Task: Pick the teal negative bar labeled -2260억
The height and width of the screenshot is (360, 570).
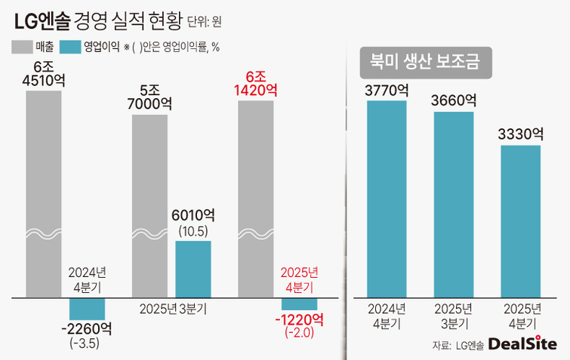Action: (87, 308)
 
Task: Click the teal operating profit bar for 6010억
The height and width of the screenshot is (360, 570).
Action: (193, 269)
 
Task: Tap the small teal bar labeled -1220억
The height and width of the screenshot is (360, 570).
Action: (300, 303)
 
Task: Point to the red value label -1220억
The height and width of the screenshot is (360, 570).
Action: (299, 319)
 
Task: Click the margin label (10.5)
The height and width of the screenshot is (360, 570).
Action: (193, 229)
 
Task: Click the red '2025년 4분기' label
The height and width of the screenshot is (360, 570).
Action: (300, 279)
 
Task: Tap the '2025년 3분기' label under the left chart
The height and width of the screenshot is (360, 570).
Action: (171, 309)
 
